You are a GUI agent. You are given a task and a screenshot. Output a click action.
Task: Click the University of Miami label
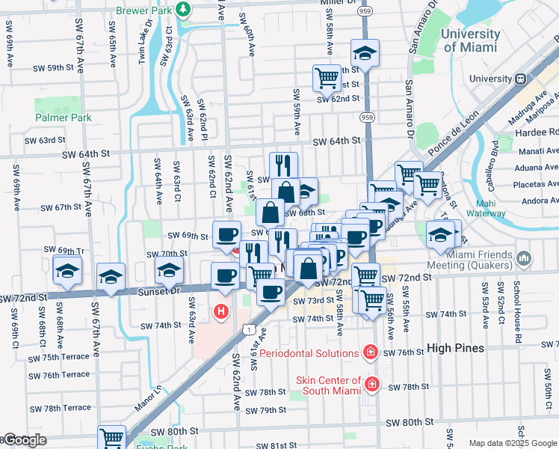coord(469,40)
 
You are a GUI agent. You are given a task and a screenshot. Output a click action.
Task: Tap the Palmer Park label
coord(63,117)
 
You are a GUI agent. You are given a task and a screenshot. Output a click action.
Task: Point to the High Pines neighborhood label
coord(455,348)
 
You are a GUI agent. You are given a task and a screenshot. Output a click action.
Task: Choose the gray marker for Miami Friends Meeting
coord(524,259)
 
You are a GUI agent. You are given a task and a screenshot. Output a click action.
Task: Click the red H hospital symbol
coord(220,310)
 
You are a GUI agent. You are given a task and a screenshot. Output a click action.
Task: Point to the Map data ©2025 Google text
coord(512,443)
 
